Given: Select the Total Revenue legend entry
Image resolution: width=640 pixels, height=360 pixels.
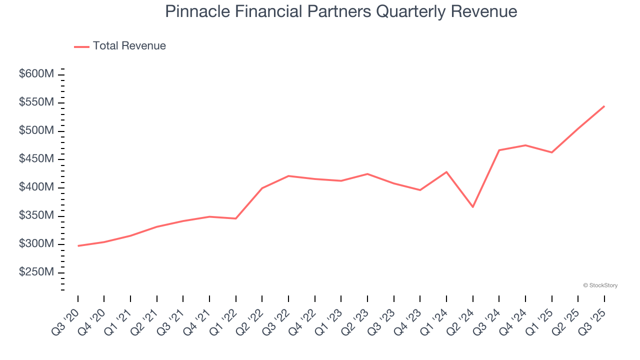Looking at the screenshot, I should click(120, 46).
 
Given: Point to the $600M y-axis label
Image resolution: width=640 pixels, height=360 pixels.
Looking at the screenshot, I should click(36, 74).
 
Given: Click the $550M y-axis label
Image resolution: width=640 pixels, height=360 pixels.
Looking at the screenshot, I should click(36, 102).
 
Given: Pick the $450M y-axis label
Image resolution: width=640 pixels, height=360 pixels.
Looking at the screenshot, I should click(36, 159).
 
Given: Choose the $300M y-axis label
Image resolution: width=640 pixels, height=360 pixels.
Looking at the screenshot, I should click(36, 244).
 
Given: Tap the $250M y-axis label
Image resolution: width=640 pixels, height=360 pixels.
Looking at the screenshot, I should click(36, 272).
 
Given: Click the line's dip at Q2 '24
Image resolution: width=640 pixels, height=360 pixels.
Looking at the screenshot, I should click(472, 207).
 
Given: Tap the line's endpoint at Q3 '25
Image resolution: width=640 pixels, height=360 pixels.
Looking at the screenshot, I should click(604, 106).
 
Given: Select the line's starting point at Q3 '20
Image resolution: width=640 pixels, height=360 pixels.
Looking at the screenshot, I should click(78, 245).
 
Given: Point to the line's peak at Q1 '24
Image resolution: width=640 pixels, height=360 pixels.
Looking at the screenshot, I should click(446, 172).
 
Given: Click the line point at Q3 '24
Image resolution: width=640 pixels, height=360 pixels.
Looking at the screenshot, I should click(499, 150).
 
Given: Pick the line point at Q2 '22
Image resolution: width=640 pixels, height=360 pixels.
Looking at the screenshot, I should click(262, 188).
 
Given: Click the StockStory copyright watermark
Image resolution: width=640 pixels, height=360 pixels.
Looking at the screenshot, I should click(600, 285).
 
